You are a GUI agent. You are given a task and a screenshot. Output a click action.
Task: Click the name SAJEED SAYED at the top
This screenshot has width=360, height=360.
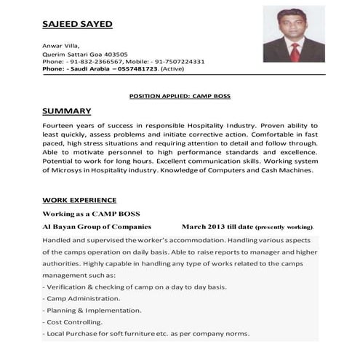77,23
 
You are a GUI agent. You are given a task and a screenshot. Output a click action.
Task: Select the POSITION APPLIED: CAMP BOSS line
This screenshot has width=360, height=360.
179,96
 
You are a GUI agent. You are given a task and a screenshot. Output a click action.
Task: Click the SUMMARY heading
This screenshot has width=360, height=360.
67,111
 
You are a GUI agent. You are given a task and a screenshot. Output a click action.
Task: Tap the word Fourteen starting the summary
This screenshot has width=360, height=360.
59,125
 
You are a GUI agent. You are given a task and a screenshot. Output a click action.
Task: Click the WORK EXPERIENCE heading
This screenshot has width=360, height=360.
79,199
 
